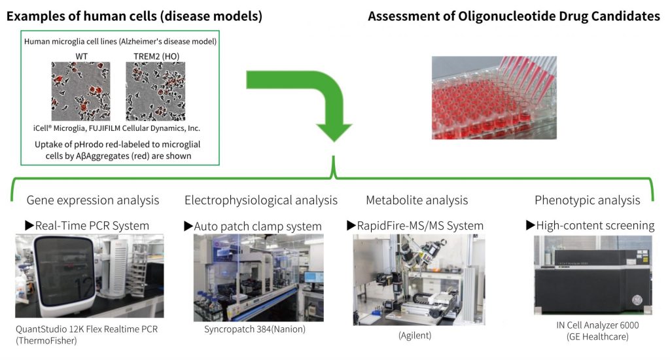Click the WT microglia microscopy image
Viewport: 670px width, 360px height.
[x=81, y=92]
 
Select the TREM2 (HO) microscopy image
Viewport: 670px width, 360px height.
[x=156, y=92]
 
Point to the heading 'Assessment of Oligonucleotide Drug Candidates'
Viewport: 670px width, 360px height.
[x=514, y=16]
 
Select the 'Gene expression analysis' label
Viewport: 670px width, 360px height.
[x=92, y=200]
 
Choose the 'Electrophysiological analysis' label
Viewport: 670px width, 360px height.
[x=261, y=200]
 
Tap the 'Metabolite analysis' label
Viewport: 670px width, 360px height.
[x=417, y=200]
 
